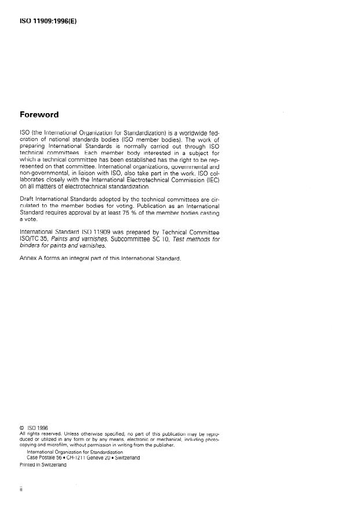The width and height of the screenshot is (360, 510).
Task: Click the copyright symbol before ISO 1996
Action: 22,428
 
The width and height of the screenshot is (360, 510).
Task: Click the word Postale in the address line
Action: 48,457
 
